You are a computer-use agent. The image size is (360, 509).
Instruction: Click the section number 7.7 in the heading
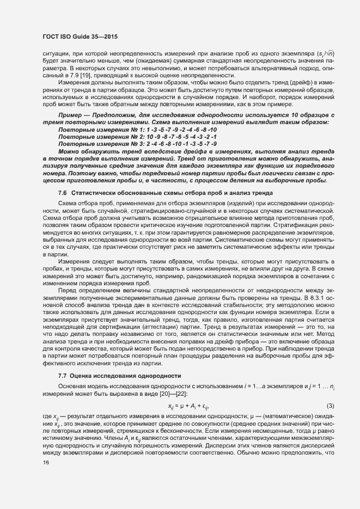62,392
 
